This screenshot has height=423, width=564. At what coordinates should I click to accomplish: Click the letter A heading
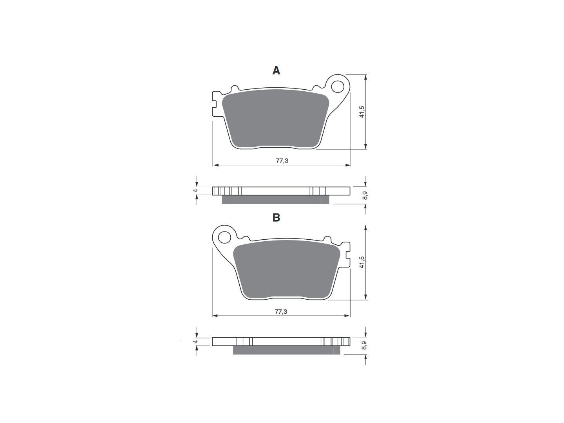pos(276,70)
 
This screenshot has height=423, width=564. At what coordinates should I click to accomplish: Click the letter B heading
pos(276,217)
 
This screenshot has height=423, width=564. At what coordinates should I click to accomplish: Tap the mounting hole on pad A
pos(338,87)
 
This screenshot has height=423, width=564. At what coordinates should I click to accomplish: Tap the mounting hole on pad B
pos(224,237)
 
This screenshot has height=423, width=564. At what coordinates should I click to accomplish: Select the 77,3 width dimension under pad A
pos(282,161)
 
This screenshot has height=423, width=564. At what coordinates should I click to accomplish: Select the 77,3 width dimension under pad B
pos(281,311)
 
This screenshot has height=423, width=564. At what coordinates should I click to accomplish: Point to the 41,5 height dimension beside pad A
pos(362,112)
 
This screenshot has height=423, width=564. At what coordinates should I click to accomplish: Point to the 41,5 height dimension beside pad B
pos(362,262)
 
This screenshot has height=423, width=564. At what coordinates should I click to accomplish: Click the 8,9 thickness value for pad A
pos(365,195)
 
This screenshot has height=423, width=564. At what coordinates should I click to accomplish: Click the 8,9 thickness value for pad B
pos(364,346)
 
